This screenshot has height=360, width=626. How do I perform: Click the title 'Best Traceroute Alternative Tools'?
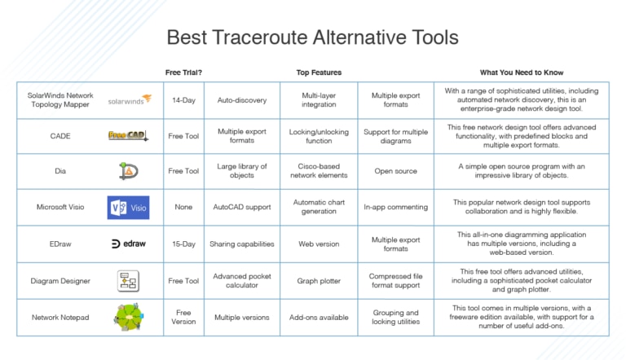click(312, 37)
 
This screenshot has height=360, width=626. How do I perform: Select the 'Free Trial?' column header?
click(183, 72)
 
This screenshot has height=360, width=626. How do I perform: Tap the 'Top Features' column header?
click(319, 72)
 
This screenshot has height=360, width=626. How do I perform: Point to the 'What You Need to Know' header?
click(522, 72)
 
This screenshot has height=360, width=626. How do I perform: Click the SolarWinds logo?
click(129, 100)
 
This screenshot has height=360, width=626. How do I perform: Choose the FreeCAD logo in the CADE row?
click(128, 136)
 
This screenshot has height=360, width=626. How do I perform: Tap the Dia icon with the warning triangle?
click(129, 171)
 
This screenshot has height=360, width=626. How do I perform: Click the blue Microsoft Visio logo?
click(129, 207)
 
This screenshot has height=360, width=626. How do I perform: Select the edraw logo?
click(129, 244)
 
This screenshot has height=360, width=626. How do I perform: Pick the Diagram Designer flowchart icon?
click(129, 281)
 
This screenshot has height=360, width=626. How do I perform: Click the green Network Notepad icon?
click(129, 317)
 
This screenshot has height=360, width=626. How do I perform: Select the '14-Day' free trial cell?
click(183, 101)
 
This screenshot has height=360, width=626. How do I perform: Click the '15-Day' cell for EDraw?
click(183, 244)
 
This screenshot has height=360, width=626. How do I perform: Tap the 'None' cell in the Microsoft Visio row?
click(183, 207)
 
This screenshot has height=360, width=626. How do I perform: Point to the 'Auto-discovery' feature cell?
click(241, 101)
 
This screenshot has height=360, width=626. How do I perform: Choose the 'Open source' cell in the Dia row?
click(395, 171)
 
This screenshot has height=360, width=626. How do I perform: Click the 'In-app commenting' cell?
click(395, 207)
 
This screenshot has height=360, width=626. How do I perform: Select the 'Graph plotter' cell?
click(319, 281)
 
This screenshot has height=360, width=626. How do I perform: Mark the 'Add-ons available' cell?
click(319, 317)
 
